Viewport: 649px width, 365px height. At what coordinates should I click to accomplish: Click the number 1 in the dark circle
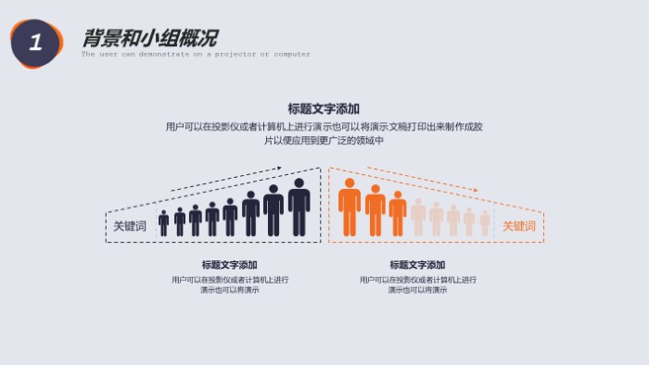pos(35,43)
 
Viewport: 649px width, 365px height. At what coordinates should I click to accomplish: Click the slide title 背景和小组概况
pos(149,38)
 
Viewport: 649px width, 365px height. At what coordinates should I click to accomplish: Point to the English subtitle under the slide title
pos(196,55)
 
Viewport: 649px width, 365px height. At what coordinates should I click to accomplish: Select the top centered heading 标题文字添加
pos(324,108)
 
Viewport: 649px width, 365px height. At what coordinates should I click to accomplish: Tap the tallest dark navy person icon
pos(299,207)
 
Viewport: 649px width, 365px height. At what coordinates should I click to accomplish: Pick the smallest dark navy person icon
pos(164,222)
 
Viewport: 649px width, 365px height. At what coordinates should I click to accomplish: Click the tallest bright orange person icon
pos(349,207)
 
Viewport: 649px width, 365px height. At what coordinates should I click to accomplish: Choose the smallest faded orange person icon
pos(485,222)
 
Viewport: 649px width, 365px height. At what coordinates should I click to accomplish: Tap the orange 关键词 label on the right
pos(518,225)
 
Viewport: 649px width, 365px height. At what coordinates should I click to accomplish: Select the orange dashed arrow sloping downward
pos(423,179)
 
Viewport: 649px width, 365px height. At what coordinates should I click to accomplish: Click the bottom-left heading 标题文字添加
pos(229,265)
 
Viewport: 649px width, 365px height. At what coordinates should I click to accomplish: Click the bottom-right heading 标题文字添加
pos(417,265)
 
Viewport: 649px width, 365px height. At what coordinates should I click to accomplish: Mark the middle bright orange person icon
pos(375,210)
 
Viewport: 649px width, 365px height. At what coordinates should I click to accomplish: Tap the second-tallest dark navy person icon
pos(274,210)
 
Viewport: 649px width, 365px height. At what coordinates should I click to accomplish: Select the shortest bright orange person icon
pos(398,213)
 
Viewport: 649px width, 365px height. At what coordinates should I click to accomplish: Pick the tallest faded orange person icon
pos(418,217)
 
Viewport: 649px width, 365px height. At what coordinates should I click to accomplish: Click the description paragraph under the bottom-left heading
pos(229,284)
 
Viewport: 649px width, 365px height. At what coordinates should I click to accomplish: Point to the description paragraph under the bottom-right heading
pos(417,284)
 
